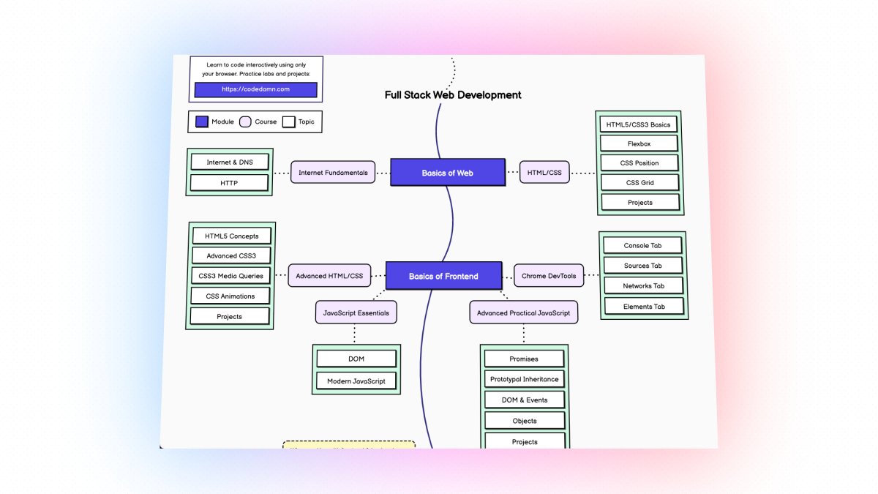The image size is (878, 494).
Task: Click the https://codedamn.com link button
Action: tap(255, 89)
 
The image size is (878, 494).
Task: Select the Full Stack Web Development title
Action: tap(453, 95)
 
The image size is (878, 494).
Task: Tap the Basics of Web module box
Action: tap(447, 173)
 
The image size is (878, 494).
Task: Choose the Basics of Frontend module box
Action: tap(443, 276)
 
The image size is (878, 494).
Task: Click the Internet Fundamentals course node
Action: tap(333, 173)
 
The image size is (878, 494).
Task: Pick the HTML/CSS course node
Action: tap(544, 173)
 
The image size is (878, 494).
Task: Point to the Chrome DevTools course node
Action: tap(549, 276)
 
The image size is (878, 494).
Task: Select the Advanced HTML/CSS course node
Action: tap(329, 276)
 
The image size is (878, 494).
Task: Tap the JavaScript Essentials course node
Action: tap(356, 313)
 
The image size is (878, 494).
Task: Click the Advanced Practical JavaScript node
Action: tap(523, 313)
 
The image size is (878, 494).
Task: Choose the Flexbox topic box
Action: tap(639, 143)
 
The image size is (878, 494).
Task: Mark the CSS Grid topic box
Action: tap(639, 182)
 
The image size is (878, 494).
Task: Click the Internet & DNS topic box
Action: tap(229, 162)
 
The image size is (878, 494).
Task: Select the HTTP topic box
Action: tap(229, 183)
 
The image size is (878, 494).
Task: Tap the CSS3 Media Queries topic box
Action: tap(230, 276)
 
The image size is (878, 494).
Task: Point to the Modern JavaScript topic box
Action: tap(356, 381)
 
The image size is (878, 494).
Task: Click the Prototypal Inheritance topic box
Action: tap(525, 379)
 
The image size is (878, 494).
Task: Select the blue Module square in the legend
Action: tap(201, 121)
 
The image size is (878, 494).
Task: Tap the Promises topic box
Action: tap(524, 359)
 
